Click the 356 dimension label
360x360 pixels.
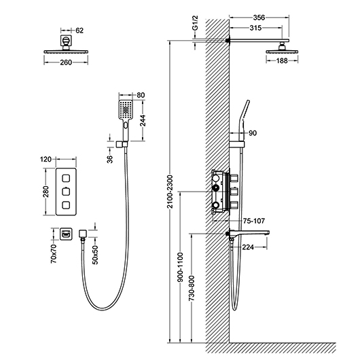(259, 18)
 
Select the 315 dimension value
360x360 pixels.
(255, 28)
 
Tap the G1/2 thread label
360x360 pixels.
(195, 23)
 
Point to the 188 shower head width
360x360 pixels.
(282, 61)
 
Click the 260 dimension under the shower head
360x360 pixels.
(66, 62)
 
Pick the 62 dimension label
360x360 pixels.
(79, 31)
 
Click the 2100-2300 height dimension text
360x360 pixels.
(170, 192)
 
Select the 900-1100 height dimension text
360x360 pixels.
(181, 267)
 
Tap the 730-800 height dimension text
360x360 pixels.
(192, 288)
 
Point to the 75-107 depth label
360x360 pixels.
(254, 221)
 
